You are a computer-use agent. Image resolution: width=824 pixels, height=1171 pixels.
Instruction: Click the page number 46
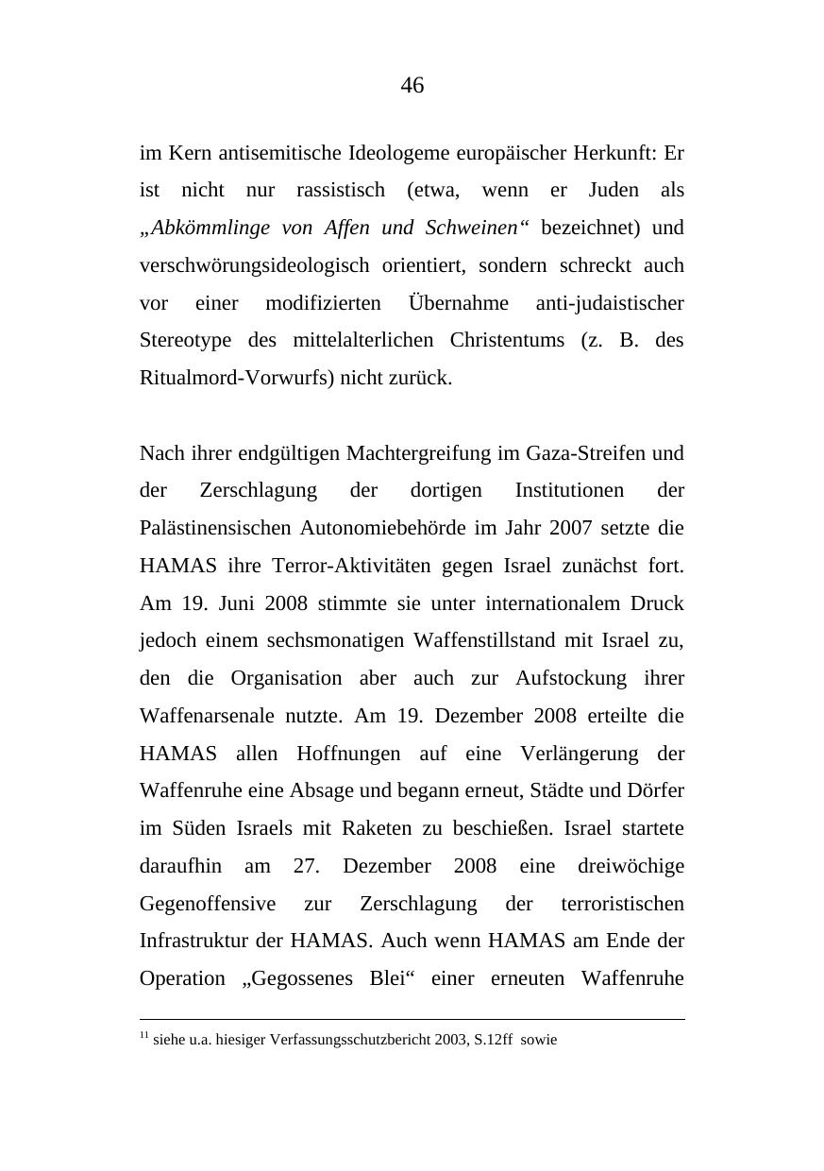tap(412, 86)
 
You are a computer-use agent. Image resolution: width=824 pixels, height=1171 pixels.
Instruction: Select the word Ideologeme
tap(399, 153)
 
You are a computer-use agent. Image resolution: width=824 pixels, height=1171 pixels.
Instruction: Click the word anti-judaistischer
tap(610, 303)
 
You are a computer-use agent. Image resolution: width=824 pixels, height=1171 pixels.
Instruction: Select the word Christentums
tap(507, 340)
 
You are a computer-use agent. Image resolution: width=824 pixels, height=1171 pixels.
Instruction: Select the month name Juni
tap(230, 603)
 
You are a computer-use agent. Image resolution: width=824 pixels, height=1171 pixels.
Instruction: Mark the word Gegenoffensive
tap(208, 904)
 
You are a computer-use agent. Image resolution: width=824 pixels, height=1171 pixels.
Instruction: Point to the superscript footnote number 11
tap(144, 1036)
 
